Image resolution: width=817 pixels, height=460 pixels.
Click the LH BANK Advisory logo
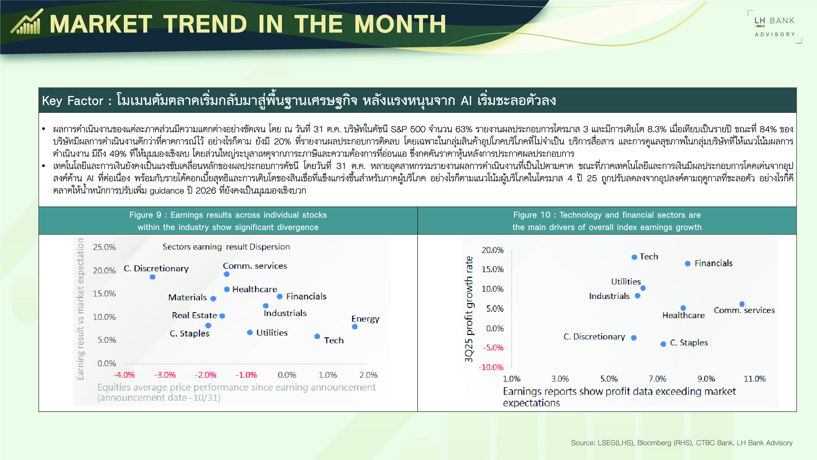(x=774, y=27)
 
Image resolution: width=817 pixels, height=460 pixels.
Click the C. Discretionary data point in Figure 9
(x=153, y=277)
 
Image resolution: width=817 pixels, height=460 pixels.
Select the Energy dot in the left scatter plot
(x=355, y=327)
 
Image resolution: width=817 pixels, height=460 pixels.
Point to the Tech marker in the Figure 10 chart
(x=634, y=257)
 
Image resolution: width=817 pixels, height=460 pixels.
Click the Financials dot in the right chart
(x=688, y=264)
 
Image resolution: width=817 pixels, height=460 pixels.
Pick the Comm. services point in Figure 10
(x=742, y=304)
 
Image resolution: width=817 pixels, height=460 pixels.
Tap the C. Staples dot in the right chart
(x=663, y=344)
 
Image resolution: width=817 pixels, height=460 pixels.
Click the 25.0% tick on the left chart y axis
(x=104, y=247)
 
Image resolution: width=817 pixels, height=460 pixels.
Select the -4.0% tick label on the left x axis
(x=124, y=375)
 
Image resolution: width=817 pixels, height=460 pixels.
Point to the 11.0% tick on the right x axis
(x=754, y=379)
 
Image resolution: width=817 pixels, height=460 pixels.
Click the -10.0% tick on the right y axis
(x=491, y=367)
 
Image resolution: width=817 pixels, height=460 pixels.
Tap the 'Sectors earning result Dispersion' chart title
(x=226, y=247)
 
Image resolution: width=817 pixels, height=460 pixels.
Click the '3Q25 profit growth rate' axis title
(x=469, y=309)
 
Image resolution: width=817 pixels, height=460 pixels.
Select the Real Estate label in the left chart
(x=194, y=315)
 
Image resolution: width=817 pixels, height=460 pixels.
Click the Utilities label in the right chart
(x=626, y=282)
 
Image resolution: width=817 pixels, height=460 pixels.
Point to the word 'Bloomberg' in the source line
(x=654, y=443)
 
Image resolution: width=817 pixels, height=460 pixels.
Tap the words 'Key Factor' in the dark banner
(x=73, y=101)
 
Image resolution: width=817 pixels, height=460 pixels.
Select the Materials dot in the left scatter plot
(x=213, y=299)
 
